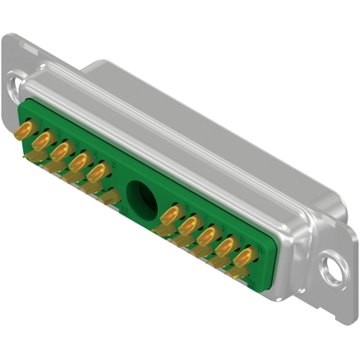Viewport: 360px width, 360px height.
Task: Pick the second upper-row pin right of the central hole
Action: pos(188,223)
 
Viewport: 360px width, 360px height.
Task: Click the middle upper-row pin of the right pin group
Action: pos(207,233)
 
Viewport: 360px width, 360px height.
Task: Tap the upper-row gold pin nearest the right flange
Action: pos(243,254)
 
